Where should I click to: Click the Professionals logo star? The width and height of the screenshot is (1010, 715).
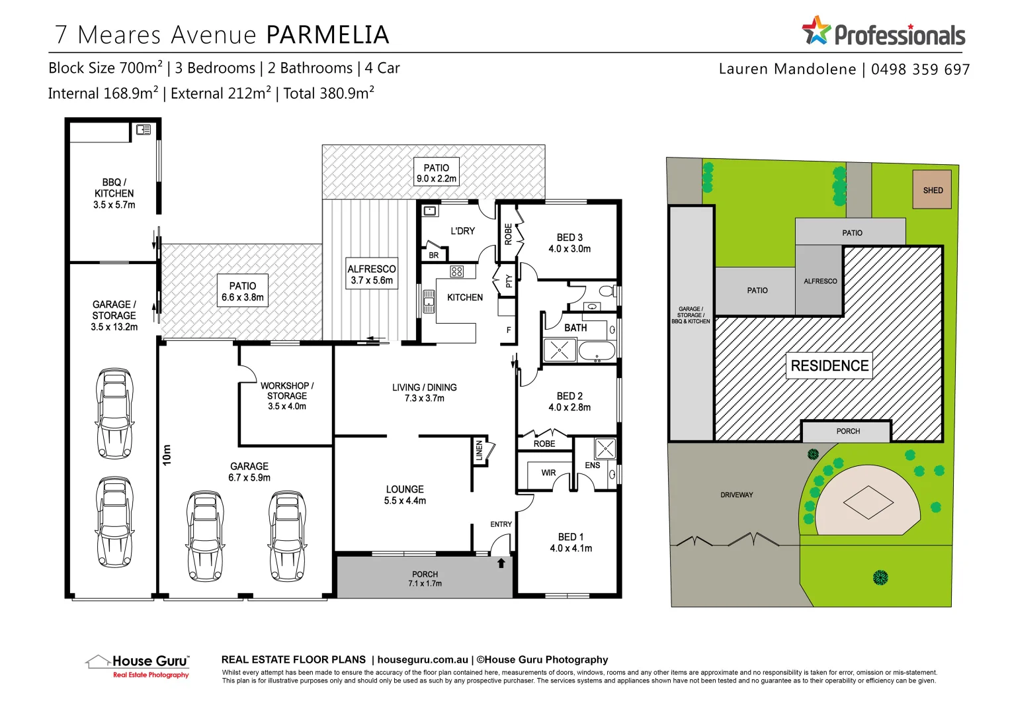tap(816, 30)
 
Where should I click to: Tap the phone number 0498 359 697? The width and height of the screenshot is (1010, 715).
tap(920, 70)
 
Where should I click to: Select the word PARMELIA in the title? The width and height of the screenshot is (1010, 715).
tap(327, 34)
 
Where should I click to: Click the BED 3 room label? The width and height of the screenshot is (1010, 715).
tap(569, 243)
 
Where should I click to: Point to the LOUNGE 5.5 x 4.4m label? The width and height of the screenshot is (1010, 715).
tap(405, 495)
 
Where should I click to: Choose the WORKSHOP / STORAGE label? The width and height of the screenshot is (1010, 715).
tap(286, 395)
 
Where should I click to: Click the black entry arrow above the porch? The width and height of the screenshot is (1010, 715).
tap(501, 563)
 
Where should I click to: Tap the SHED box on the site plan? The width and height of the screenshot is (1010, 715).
tap(932, 190)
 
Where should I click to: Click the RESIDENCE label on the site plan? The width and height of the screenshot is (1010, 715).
tap(829, 365)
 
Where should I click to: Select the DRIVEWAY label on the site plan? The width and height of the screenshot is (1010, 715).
tap(736, 495)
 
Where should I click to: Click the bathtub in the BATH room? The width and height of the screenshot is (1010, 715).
tap(597, 351)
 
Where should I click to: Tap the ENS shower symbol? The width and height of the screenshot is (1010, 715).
tap(605, 448)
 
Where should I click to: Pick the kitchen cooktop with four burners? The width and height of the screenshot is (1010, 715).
tap(457, 271)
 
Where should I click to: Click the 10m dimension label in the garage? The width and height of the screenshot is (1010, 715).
tap(167, 454)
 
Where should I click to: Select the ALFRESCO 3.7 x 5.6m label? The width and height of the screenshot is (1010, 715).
tap(372, 274)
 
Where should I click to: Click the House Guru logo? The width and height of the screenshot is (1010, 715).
tap(138, 665)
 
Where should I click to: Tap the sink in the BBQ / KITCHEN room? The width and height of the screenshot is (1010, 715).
tap(143, 130)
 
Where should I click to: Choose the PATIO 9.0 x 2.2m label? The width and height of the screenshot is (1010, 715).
tap(436, 173)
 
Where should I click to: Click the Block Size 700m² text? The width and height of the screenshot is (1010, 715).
tap(105, 68)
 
